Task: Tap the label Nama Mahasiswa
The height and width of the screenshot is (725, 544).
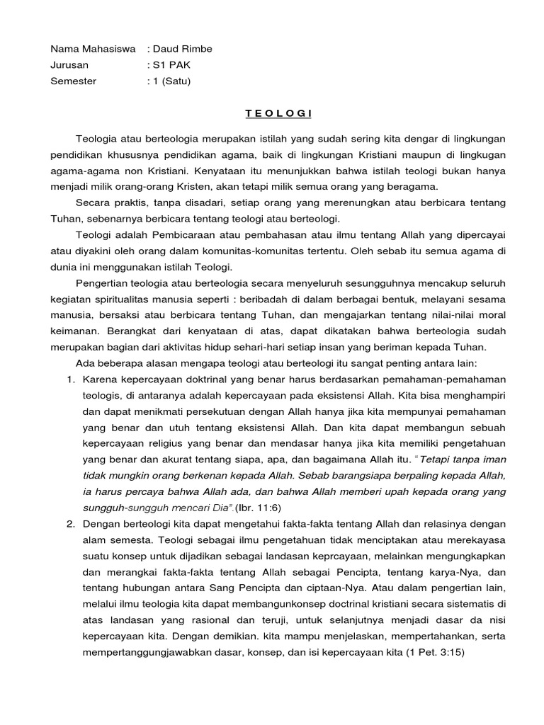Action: point(92,49)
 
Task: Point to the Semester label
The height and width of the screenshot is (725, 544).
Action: point(73,81)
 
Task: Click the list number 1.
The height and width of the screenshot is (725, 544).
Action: point(71,379)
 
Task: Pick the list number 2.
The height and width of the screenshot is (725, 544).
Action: point(71,524)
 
